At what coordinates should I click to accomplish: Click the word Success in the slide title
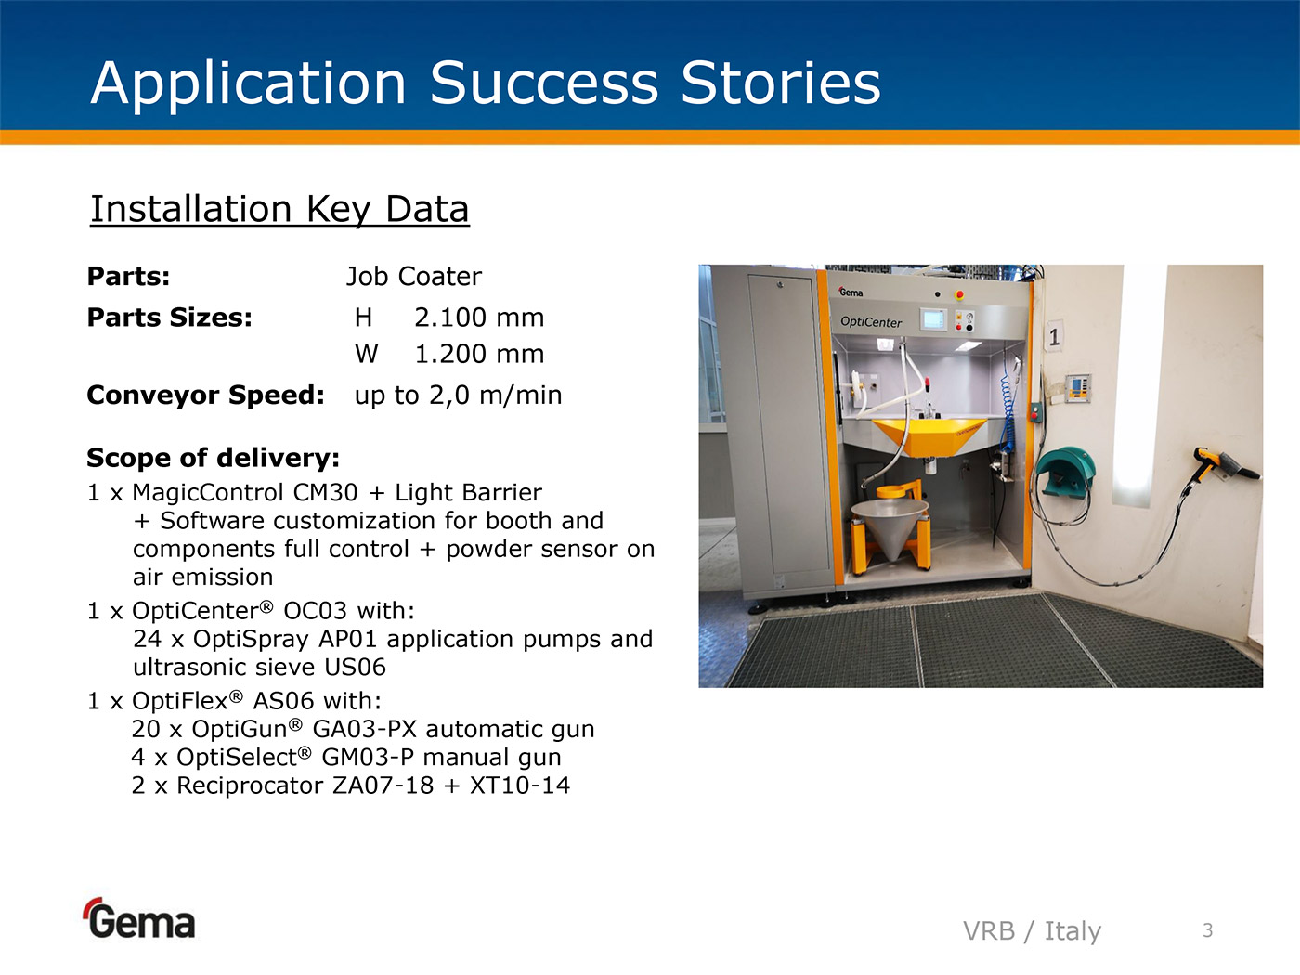[x=543, y=84]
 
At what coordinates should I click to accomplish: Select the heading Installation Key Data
[x=279, y=210]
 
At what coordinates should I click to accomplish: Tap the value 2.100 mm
[x=478, y=318]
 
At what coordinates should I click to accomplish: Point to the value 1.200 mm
[x=478, y=354]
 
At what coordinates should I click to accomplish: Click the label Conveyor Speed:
[x=205, y=395]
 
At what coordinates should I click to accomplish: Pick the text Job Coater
[x=414, y=277]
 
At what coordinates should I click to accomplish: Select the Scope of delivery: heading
[x=214, y=458]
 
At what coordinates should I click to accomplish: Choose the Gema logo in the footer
[x=139, y=918]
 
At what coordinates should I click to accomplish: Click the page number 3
[x=1208, y=930]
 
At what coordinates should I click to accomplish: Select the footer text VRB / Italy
[x=1032, y=930]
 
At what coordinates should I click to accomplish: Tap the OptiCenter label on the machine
[x=871, y=322]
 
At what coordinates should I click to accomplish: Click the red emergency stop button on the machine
[x=959, y=294]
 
